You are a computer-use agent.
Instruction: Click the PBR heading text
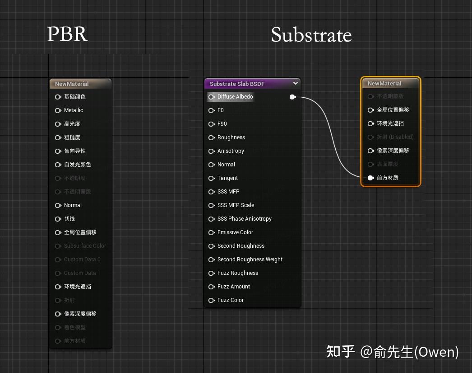coord(67,34)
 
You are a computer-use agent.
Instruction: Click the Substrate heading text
coord(311,35)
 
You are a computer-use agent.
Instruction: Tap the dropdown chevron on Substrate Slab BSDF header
coord(296,83)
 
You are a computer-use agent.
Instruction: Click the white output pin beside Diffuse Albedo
coord(292,97)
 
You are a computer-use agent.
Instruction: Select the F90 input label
coord(222,124)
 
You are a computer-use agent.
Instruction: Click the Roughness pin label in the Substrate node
coord(231,137)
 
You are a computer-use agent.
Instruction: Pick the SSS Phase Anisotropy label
coord(244,219)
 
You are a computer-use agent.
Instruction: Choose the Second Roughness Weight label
coord(250,260)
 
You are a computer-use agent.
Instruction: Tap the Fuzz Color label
coord(230,300)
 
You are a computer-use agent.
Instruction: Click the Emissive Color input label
coord(235,232)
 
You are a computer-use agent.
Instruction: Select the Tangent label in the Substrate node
coord(227,178)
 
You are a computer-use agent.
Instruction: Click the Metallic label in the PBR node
coord(74,110)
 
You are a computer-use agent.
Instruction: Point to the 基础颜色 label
coord(74,97)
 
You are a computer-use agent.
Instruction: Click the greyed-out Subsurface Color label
coord(85,246)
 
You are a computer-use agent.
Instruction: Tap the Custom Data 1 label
coord(82,273)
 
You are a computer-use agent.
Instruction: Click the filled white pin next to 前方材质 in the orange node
coord(370,178)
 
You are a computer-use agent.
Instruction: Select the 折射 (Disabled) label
coord(395,137)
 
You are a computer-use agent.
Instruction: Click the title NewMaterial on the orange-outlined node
coord(384,84)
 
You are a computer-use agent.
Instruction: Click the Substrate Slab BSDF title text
coord(237,84)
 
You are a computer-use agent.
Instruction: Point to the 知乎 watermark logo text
coord(340,351)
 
